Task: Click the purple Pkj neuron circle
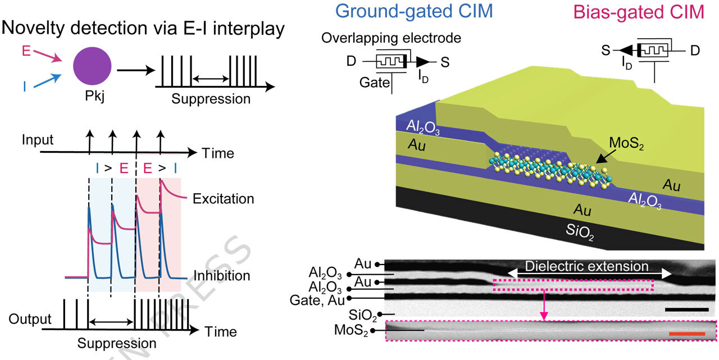pyautogui.click(x=92, y=66)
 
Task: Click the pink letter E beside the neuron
pyautogui.click(x=26, y=51)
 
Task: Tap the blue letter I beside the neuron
pyautogui.click(x=25, y=86)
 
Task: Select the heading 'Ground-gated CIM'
pyautogui.click(x=414, y=12)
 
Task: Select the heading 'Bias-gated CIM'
pyautogui.click(x=638, y=12)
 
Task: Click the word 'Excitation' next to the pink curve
pyautogui.click(x=223, y=199)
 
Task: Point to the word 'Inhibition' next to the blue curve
pyautogui.click(x=221, y=276)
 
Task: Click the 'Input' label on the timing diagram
pyautogui.click(x=38, y=140)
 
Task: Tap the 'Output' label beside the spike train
pyautogui.click(x=30, y=319)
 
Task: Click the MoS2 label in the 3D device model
pyautogui.click(x=626, y=143)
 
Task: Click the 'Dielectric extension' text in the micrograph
pyautogui.click(x=586, y=267)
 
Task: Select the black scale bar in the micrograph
pyautogui.click(x=687, y=309)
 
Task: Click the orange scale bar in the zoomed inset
pyautogui.click(x=687, y=334)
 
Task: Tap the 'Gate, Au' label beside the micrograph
pyautogui.click(x=317, y=300)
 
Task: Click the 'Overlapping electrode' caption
pyautogui.click(x=391, y=38)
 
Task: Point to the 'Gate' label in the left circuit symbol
pyautogui.click(x=374, y=83)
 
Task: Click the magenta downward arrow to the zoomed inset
pyautogui.click(x=544, y=305)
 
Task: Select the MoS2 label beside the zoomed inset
pyautogui.click(x=351, y=330)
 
